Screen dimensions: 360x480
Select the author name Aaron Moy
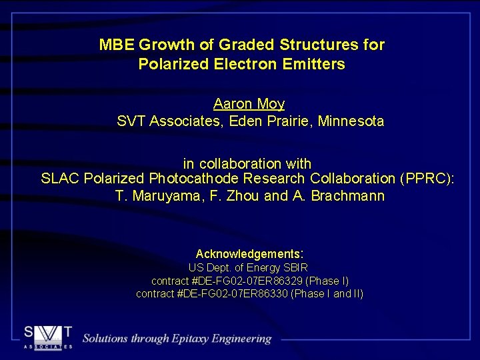249,104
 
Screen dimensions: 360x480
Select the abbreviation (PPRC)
427,179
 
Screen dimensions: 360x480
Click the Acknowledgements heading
249,254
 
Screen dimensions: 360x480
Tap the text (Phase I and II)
327,293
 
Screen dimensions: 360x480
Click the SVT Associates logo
49,337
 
